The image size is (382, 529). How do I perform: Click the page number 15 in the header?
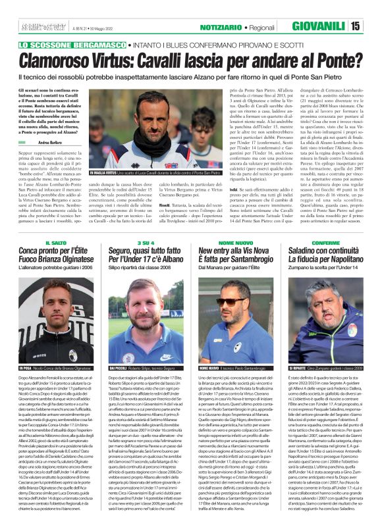click(x=372, y=26)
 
